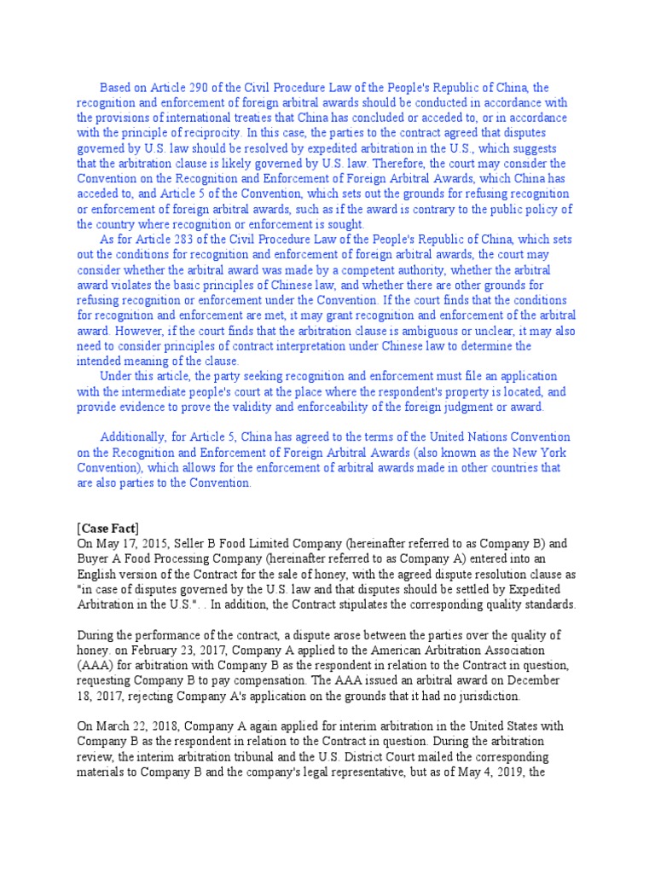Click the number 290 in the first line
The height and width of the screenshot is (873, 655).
point(188,87)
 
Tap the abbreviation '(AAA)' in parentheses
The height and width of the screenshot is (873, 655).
point(94,666)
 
